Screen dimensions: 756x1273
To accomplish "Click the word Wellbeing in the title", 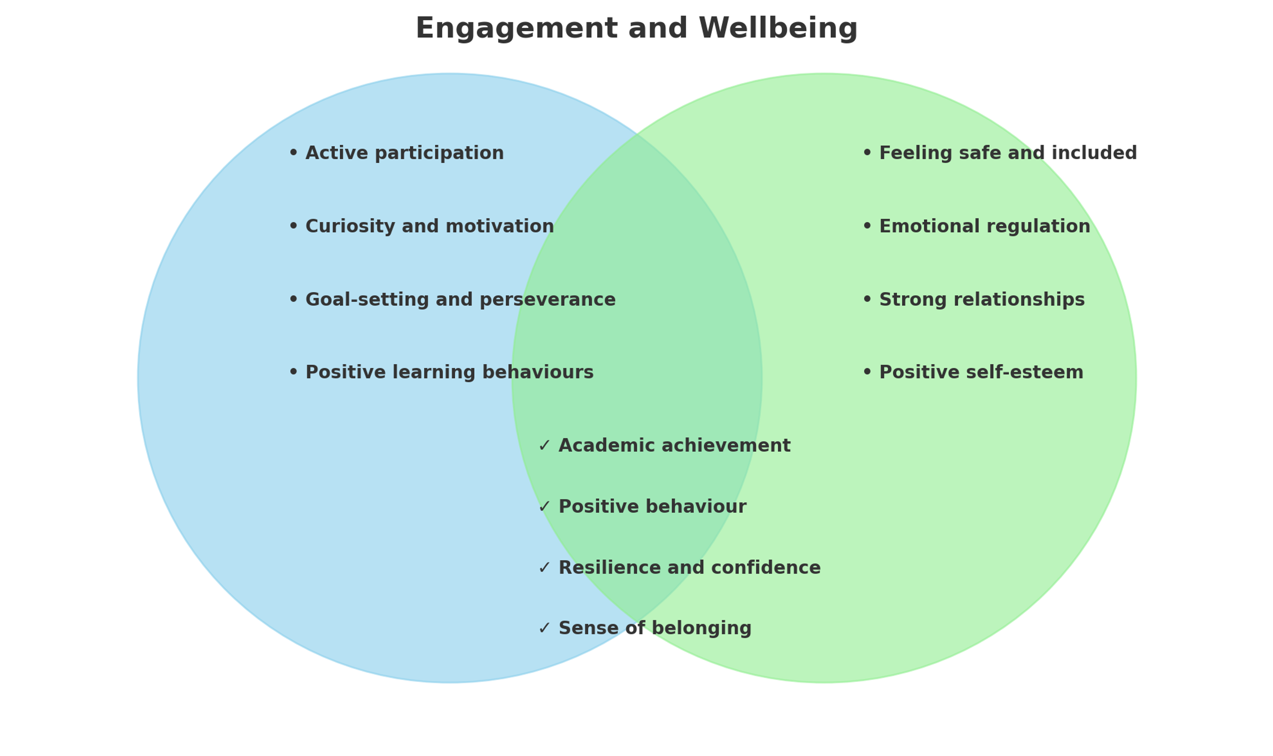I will point(778,28).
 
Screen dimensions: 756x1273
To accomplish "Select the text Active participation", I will point(404,153).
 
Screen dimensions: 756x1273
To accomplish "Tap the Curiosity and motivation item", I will point(430,226).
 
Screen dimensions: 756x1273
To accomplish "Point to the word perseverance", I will point(547,300).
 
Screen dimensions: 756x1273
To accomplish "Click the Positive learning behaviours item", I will point(449,372).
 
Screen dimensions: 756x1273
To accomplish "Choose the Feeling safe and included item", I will point(1008,153).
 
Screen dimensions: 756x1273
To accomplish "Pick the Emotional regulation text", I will point(984,226).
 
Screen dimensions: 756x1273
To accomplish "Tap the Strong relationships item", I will point(982,300).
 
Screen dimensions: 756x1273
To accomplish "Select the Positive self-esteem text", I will point(981,372).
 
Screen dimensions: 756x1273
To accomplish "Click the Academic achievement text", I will point(674,445).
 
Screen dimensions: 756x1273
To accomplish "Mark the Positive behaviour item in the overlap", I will point(652,506).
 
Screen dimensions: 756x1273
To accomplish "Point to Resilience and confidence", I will point(690,567).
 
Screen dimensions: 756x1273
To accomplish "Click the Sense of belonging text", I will point(655,628).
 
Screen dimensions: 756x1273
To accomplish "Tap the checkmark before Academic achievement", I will point(544,445).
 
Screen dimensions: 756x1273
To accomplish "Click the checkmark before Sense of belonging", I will point(544,628).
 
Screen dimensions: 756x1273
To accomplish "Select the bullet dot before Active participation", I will point(293,153).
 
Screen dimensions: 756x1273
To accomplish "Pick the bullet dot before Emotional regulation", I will point(867,226).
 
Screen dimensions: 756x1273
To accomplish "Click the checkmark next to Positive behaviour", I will point(544,507).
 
